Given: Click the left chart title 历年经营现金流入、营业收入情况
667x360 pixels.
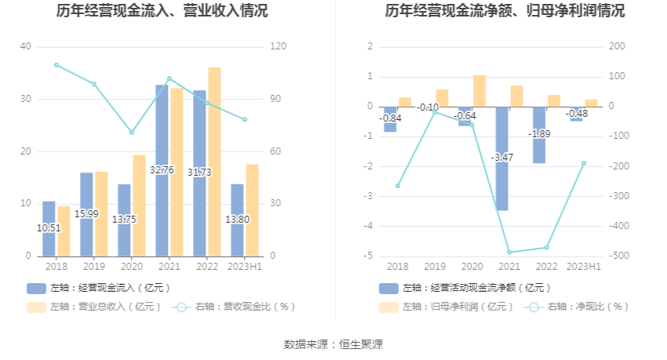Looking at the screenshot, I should point(162,11).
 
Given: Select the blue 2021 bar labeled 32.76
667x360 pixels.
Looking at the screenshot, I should point(162,170).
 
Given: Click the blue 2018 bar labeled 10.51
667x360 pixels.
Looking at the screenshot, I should point(49,228).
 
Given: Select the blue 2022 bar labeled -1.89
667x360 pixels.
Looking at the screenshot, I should point(539,135).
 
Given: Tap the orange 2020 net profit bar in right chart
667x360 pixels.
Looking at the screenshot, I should point(479,91).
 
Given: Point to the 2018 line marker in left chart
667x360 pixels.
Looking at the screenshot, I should point(56,65).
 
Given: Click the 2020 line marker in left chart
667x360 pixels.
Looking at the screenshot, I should point(132,133).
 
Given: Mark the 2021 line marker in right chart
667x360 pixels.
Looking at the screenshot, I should point(509,253).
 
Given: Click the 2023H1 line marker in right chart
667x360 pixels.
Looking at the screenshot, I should point(584,163).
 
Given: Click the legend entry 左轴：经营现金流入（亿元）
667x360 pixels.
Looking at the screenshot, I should point(99,288).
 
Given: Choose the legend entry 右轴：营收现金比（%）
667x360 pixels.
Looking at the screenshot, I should point(235,307).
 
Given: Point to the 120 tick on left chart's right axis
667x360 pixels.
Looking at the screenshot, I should point(279,47).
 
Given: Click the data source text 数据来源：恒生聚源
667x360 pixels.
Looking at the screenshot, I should point(333,344).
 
